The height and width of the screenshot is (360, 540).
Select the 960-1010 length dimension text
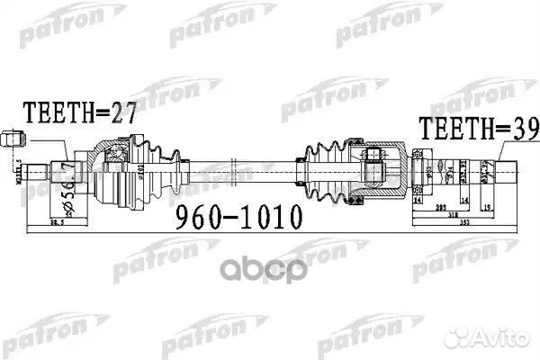pos(233,217)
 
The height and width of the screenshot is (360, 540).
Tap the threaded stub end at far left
pos(36,170)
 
